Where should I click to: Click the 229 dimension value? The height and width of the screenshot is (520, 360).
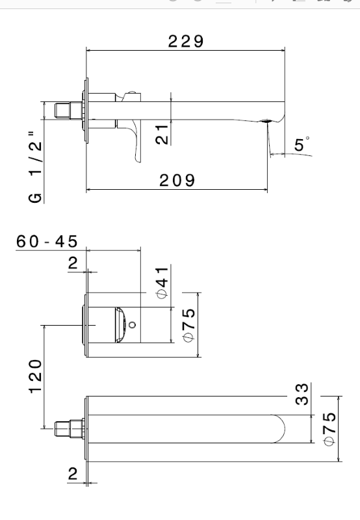point(186,42)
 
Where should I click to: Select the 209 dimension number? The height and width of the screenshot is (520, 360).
point(177,181)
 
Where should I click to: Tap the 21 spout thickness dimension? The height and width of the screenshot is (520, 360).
point(162,134)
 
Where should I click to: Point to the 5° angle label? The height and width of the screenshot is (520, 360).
point(302,144)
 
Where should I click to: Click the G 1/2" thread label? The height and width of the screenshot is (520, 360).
point(36,167)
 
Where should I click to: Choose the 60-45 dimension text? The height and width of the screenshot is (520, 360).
point(47,241)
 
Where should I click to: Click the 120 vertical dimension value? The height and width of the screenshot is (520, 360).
point(36,376)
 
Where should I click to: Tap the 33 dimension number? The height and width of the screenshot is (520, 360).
point(302,394)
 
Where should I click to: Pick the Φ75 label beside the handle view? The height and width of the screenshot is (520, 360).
point(189,326)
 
